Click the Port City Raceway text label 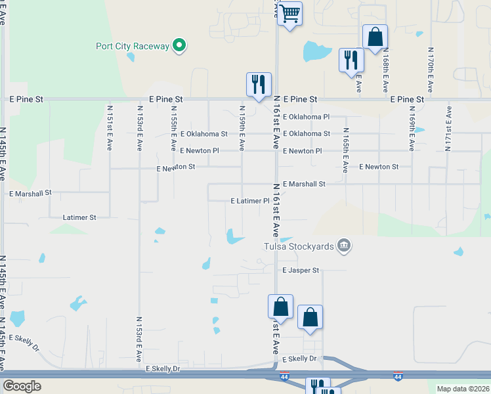132,46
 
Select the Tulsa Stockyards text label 298,247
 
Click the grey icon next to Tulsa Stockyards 343,246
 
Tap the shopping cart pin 289,14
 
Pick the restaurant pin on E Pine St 259,84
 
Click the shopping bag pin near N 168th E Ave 375,37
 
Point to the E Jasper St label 301,271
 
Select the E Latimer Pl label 250,201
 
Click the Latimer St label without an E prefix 79,217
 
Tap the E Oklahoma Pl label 307,117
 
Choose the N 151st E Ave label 109,127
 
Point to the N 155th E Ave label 173,127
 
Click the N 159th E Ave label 242,127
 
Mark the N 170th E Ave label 430,68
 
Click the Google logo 22,386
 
